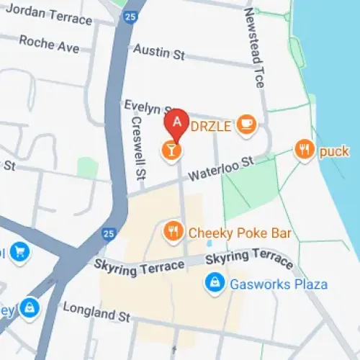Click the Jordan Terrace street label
[x=48, y=14]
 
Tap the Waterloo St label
[x=222, y=170]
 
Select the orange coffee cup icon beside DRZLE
[x=246, y=124]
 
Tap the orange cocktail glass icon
[x=171, y=150]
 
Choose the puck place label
[x=333, y=151]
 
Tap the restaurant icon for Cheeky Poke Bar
[x=172, y=231]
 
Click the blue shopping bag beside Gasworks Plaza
[x=213, y=283]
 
